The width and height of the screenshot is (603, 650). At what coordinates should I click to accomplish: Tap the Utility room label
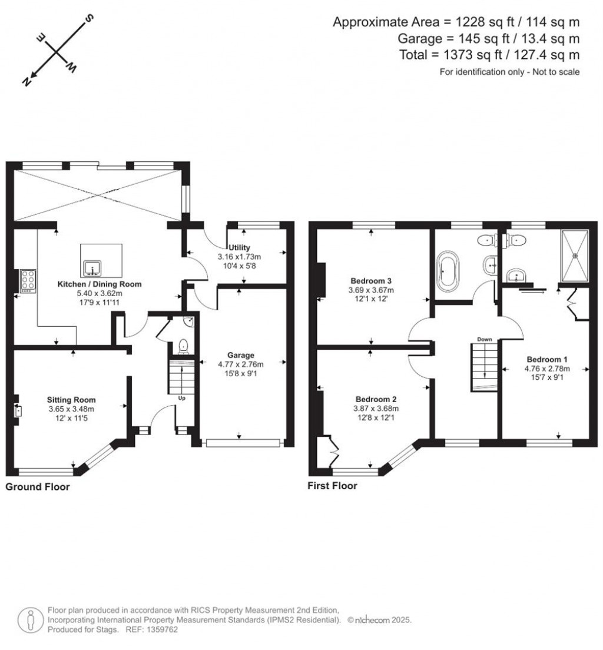(x=240, y=248)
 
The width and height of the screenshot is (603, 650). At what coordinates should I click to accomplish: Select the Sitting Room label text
(x=71, y=400)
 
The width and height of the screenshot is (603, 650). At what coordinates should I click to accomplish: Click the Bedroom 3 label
(x=371, y=280)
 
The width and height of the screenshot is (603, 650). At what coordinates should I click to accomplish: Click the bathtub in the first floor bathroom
(x=448, y=273)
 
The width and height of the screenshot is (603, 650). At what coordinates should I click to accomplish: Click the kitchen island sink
(x=92, y=269)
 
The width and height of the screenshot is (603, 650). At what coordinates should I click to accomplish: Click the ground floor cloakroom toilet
(x=183, y=346)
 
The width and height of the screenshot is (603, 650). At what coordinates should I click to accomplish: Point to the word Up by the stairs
(x=182, y=398)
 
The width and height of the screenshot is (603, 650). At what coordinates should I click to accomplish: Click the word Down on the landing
(x=485, y=340)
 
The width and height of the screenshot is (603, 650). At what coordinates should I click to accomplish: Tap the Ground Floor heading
(x=38, y=487)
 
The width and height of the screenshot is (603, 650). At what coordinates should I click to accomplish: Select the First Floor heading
(x=332, y=486)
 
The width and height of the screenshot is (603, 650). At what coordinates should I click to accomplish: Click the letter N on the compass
(x=26, y=82)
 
